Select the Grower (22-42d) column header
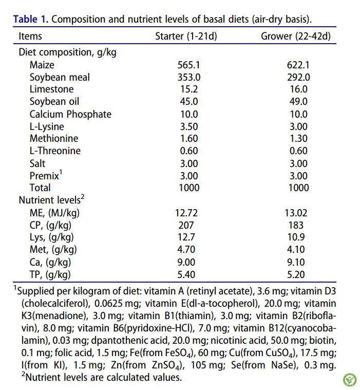(295, 36)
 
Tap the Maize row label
(42, 65)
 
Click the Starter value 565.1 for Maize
(188, 65)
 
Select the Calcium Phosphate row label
(70, 114)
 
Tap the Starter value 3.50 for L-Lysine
(188, 126)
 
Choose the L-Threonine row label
(55, 151)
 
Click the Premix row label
(45, 176)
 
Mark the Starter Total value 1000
(188, 188)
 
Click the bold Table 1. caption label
(31, 20)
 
